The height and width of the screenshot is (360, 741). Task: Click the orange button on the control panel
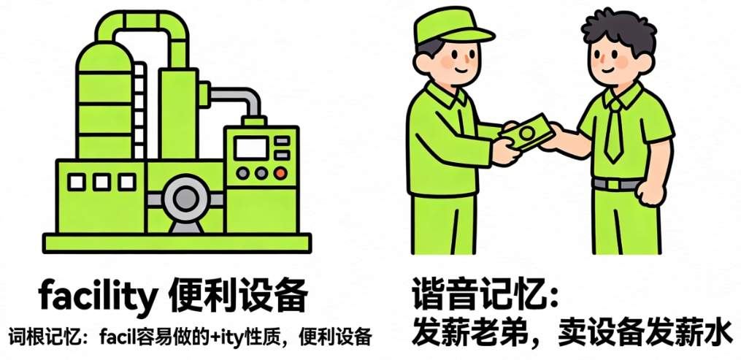point(280,173)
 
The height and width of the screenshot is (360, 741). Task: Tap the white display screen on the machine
point(251,148)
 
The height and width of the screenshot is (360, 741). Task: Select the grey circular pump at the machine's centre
point(185,199)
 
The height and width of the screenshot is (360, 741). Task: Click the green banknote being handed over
point(527,132)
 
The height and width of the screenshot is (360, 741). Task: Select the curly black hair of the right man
point(620,29)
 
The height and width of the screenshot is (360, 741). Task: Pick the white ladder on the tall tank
point(139,110)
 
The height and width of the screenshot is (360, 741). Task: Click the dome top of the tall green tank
point(104,54)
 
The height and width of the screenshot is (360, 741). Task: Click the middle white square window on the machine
point(101,182)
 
